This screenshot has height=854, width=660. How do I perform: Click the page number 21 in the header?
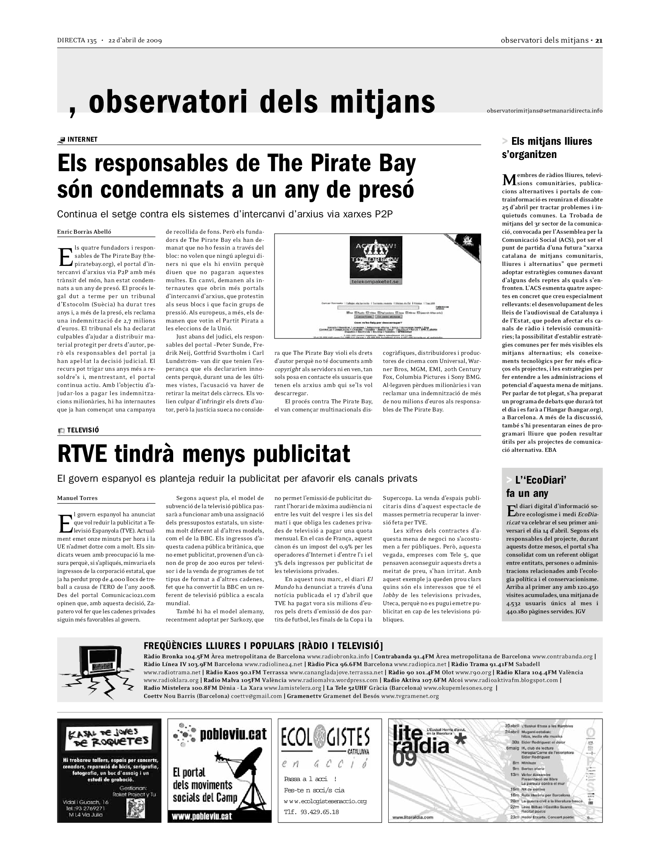click(599, 40)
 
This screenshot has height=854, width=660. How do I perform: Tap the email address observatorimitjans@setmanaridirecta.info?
click(544, 111)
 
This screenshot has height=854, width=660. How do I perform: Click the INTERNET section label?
click(82, 140)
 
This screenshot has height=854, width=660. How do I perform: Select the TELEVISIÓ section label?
click(83, 430)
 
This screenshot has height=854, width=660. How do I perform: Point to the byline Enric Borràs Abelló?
click(84, 232)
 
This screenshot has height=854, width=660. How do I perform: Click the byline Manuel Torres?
click(77, 498)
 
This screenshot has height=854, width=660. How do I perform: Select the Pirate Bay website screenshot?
click(377, 286)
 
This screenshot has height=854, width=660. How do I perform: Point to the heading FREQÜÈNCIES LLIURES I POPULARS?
click(263, 646)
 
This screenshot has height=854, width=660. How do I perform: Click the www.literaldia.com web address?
click(413, 817)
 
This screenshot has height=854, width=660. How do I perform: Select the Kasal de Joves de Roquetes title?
click(109, 737)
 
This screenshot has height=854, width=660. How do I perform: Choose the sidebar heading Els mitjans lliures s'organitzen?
click(547, 148)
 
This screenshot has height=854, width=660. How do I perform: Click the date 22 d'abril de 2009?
click(135, 40)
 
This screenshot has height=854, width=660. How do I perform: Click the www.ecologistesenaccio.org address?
click(325, 801)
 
